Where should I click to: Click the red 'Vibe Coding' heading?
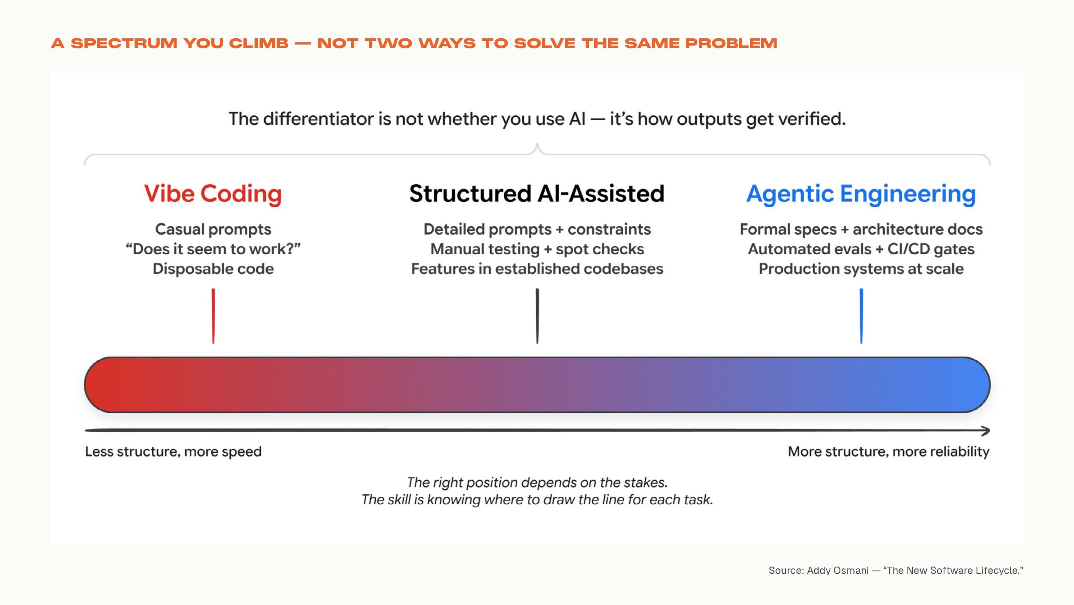pos(213,194)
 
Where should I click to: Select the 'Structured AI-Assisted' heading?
pos(537,194)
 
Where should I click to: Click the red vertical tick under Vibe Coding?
pos(213,316)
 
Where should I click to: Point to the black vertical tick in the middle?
pos(537,316)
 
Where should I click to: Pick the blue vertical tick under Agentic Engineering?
pos(861,316)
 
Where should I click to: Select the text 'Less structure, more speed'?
pos(173,452)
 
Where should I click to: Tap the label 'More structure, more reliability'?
pos(889,452)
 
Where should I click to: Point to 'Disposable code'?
pos(213,269)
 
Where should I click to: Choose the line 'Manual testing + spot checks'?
pos(537,249)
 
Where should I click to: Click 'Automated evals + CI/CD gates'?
pos(861,249)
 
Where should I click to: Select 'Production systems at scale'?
pos(861,269)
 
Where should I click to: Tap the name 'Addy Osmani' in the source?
pos(838,570)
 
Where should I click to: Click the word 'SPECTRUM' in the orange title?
pos(124,43)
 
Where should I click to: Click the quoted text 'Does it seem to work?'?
pos(213,249)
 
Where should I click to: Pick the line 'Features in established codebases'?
pos(537,269)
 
